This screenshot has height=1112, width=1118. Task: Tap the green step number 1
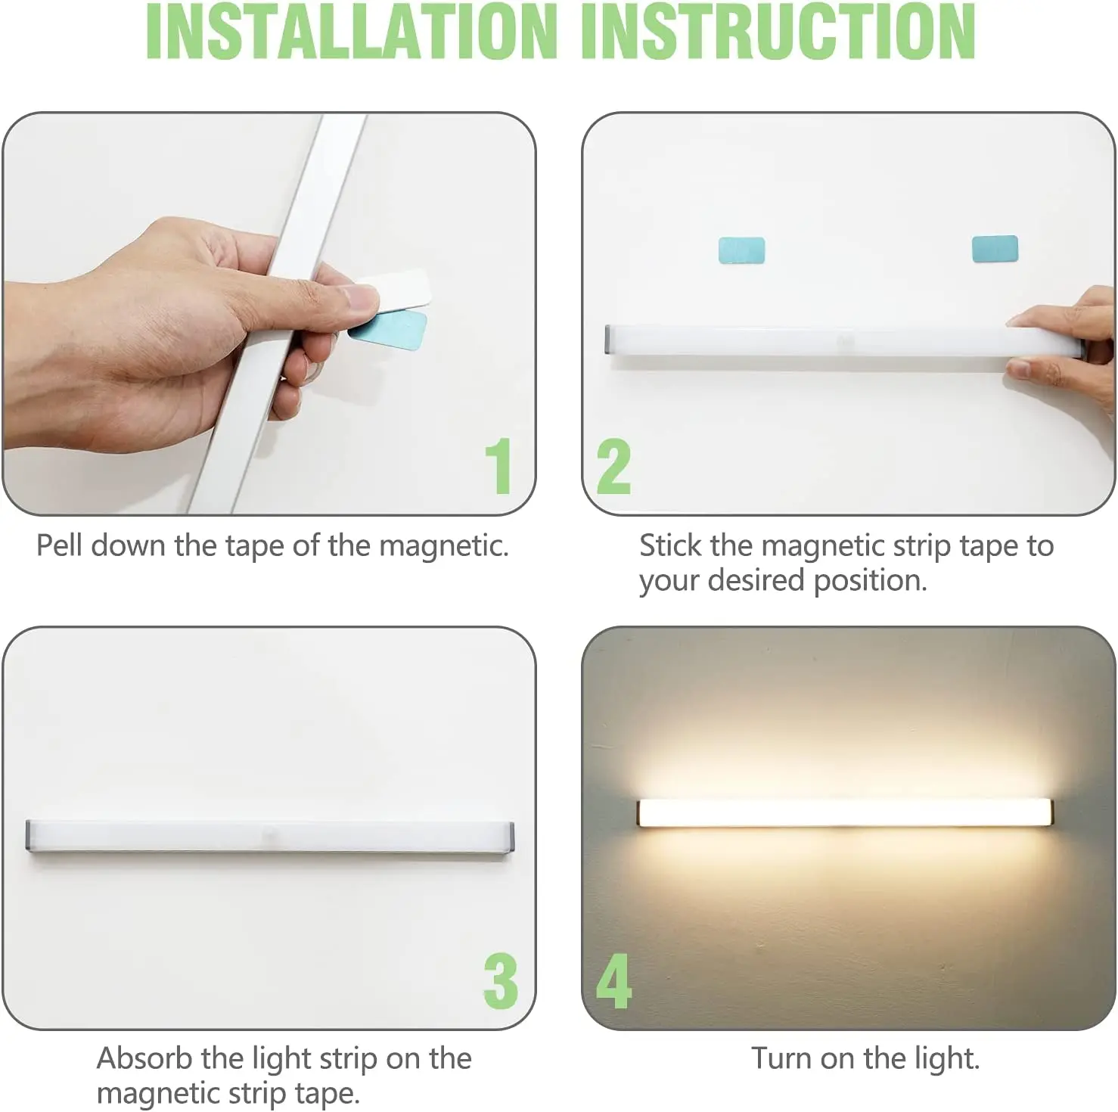click(x=498, y=466)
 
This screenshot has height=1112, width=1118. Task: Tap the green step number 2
click(x=613, y=466)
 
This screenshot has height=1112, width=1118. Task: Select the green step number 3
click(x=501, y=980)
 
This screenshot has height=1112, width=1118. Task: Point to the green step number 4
click(x=613, y=980)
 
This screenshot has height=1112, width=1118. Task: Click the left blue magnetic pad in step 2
click(x=741, y=250)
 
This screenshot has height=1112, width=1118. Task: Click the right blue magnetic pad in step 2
click(x=995, y=248)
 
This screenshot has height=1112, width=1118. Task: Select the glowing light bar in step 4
click(x=844, y=812)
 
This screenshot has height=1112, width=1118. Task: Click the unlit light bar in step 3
click(x=269, y=836)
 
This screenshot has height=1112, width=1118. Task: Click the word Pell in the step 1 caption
click(x=59, y=545)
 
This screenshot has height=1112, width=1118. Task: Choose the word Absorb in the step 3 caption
click(x=144, y=1058)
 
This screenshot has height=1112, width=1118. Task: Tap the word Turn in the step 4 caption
click(x=781, y=1058)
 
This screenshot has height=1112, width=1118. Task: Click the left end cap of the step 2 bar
click(x=609, y=340)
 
